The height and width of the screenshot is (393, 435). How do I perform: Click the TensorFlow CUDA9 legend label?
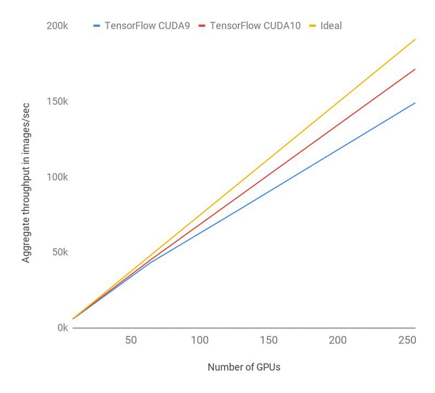click(x=147, y=26)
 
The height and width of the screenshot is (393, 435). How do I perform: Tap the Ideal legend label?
click(x=331, y=26)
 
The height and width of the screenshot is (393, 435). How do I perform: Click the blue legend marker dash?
click(x=97, y=26)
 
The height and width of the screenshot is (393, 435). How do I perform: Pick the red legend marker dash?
click(x=202, y=26)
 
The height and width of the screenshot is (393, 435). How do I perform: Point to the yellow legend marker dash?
click(x=313, y=26)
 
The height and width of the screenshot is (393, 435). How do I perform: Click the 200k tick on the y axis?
click(x=57, y=26)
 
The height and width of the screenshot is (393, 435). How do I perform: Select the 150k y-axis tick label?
click(x=57, y=102)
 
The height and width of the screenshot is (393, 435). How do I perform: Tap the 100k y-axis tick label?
click(x=57, y=177)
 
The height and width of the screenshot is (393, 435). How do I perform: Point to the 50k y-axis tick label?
click(x=59, y=253)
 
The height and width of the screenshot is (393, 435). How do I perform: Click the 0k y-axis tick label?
click(x=61, y=328)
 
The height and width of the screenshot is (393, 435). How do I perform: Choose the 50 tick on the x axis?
click(x=131, y=340)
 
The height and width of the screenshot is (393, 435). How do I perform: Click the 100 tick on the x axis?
click(x=200, y=340)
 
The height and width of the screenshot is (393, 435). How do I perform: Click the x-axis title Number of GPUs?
click(x=244, y=367)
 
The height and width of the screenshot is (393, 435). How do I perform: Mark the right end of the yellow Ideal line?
click(x=415, y=40)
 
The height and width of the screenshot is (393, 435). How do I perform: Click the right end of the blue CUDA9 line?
click(x=415, y=103)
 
